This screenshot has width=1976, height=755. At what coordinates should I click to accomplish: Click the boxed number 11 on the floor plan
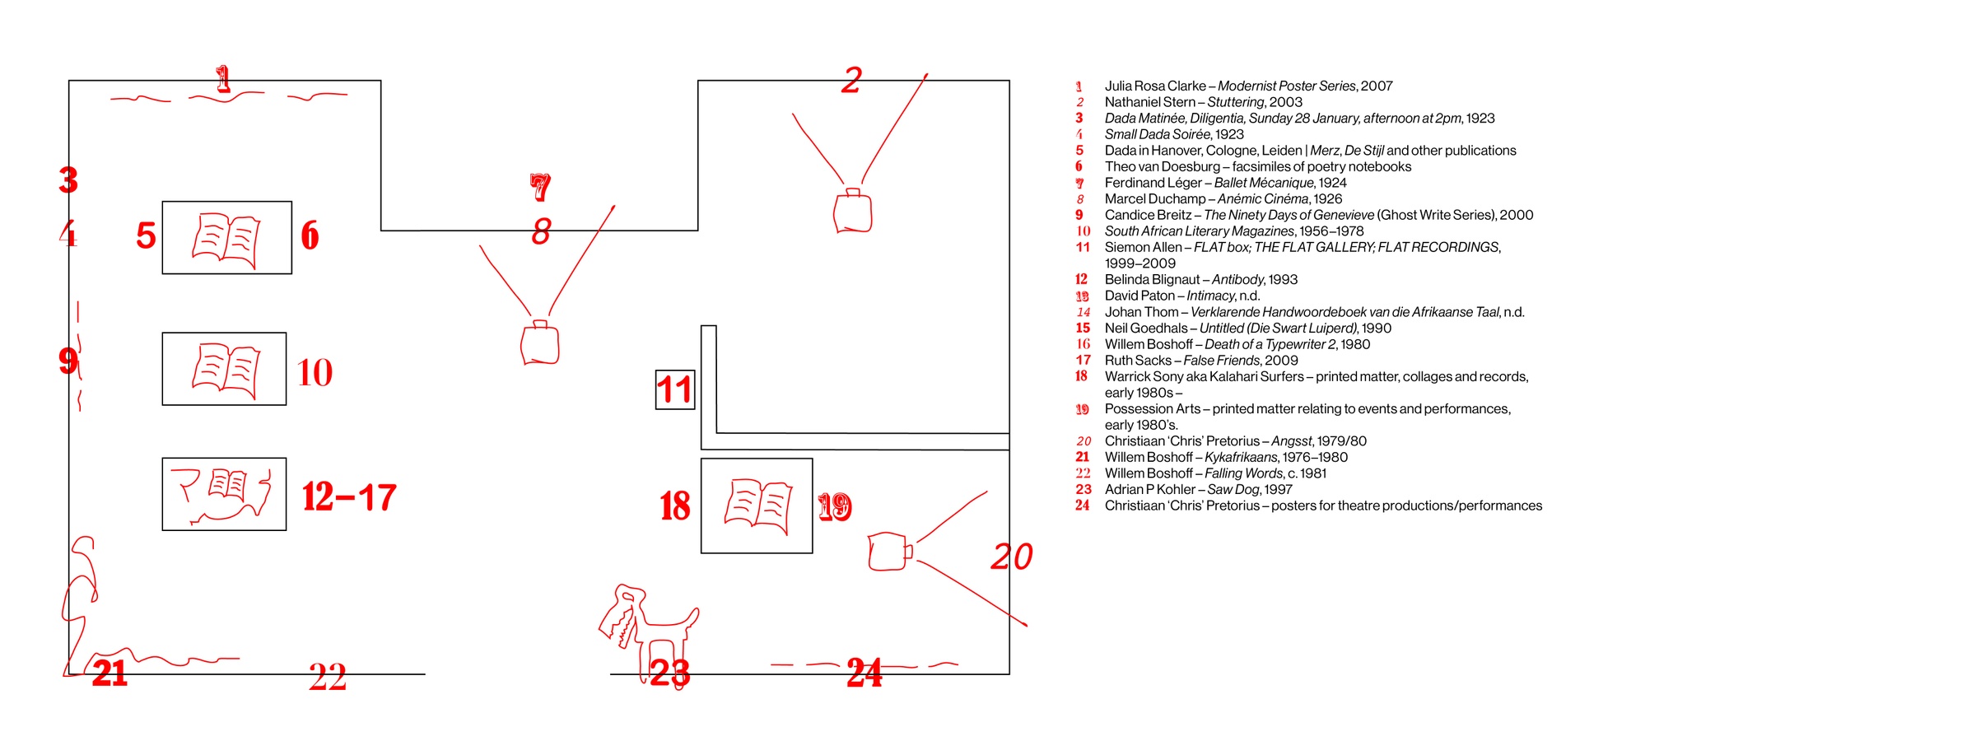pyautogui.click(x=674, y=389)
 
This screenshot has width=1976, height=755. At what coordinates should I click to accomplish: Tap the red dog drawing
pyautogui.click(x=648, y=634)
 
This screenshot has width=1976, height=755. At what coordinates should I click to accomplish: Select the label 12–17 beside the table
pyautogui.click(x=349, y=496)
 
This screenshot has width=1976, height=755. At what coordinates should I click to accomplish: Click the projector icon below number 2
pyautogui.click(x=852, y=211)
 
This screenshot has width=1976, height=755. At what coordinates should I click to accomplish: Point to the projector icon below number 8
pyautogui.click(x=540, y=342)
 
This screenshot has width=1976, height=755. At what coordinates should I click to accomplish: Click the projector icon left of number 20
pyautogui.click(x=890, y=552)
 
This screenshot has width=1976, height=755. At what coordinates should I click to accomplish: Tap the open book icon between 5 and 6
pyautogui.click(x=226, y=240)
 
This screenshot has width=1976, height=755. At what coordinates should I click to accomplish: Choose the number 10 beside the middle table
pyautogui.click(x=315, y=372)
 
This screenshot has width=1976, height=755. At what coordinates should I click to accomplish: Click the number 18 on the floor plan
pyautogui.click(x=674, y=506)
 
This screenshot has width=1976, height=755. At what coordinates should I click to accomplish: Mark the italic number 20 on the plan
pyautogui.click(x=1011, y=557)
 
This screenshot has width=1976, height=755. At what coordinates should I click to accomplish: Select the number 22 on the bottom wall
pyautogui.click(x=328, y=678)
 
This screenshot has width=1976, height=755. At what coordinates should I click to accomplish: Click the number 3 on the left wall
pyautogui.click(x=68, y=179)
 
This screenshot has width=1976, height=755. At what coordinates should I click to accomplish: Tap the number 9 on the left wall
pyautogui.click(x=68, y=360)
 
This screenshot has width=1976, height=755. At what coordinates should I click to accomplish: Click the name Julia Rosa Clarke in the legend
pyautogui.click(x=1155, y=86)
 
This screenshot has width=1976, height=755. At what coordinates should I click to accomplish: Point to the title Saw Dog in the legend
pyautogui.click(x=1233, y=489)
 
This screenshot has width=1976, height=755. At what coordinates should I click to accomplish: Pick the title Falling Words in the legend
pyautogui.click(x=1243, y=473)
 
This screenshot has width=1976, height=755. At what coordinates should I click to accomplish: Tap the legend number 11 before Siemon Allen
pyautogui.click(x=1083, y=247)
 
